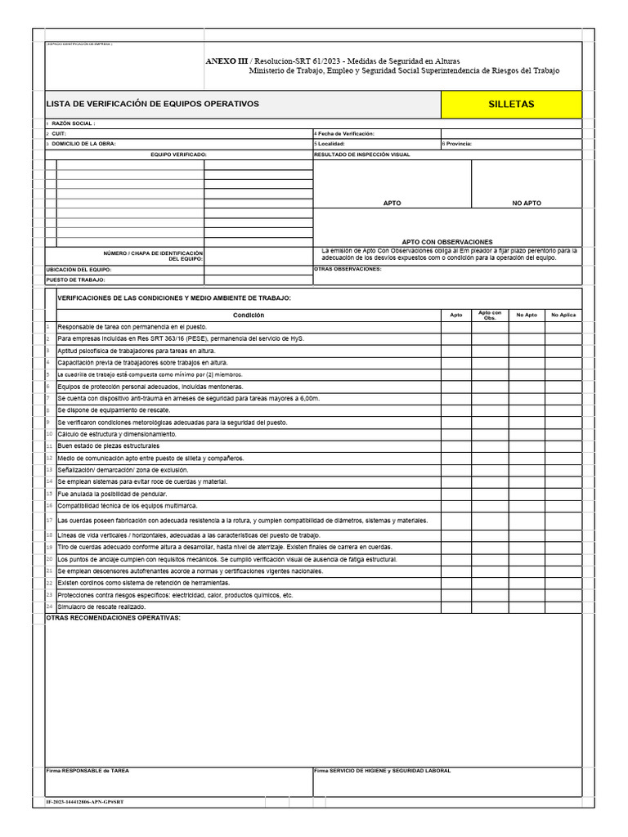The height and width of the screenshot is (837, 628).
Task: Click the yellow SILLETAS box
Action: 511,105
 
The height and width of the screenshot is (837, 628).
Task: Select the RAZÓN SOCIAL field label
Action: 74,123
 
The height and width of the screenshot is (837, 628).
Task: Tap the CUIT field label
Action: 59,133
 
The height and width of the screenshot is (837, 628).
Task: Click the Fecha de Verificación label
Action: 346,133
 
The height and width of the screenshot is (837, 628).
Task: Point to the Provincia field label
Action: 459,143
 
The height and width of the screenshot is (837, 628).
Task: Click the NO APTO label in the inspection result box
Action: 527,203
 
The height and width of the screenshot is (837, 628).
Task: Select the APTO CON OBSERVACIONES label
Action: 447,242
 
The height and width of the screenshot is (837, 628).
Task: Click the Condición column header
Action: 249,315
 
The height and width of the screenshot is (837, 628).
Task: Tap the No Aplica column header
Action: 564,315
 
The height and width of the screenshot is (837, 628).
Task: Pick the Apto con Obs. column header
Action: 491,315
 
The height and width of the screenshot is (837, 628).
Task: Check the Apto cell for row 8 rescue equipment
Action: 456,410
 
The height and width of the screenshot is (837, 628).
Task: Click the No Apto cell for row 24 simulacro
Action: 527,607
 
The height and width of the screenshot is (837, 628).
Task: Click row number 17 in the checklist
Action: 50,520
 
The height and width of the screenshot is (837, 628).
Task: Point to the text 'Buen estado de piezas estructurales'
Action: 108,446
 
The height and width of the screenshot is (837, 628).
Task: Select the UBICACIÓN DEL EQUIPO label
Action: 78,269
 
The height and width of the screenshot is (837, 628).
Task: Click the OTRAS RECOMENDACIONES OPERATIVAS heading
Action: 113,618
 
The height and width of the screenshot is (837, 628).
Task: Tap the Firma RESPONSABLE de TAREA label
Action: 87,771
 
